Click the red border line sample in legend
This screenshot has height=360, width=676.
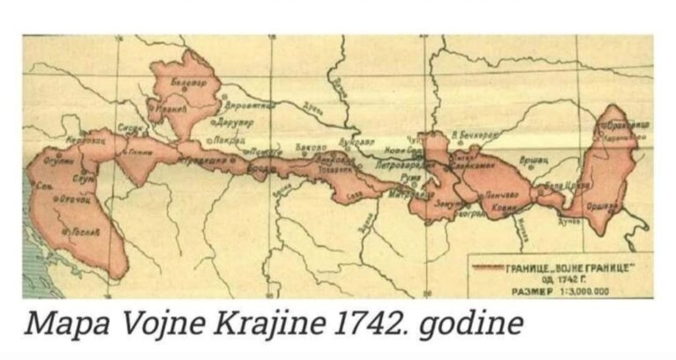tap(487, 265)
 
